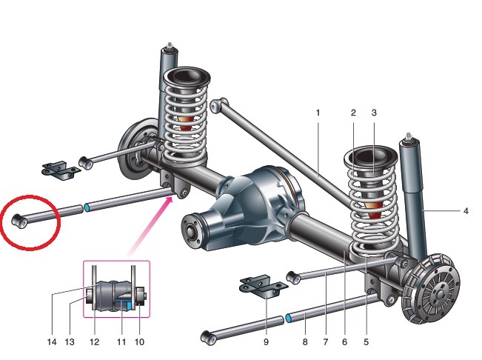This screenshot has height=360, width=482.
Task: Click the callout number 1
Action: tap(318, 113)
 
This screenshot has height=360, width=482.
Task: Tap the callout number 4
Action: tap(466, 211)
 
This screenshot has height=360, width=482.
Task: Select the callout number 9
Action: tap(267, 341)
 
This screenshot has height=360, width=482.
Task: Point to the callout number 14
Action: tap(52, 341)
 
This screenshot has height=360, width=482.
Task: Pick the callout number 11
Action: tap(121, 341)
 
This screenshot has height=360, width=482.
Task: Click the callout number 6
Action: tap(344, 341)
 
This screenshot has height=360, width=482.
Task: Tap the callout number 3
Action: tap(374, 113)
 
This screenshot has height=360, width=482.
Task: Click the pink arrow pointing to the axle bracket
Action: tap(150, 227)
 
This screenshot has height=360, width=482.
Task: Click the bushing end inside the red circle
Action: tap(19, 221)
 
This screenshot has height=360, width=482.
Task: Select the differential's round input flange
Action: tap(190, 231)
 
